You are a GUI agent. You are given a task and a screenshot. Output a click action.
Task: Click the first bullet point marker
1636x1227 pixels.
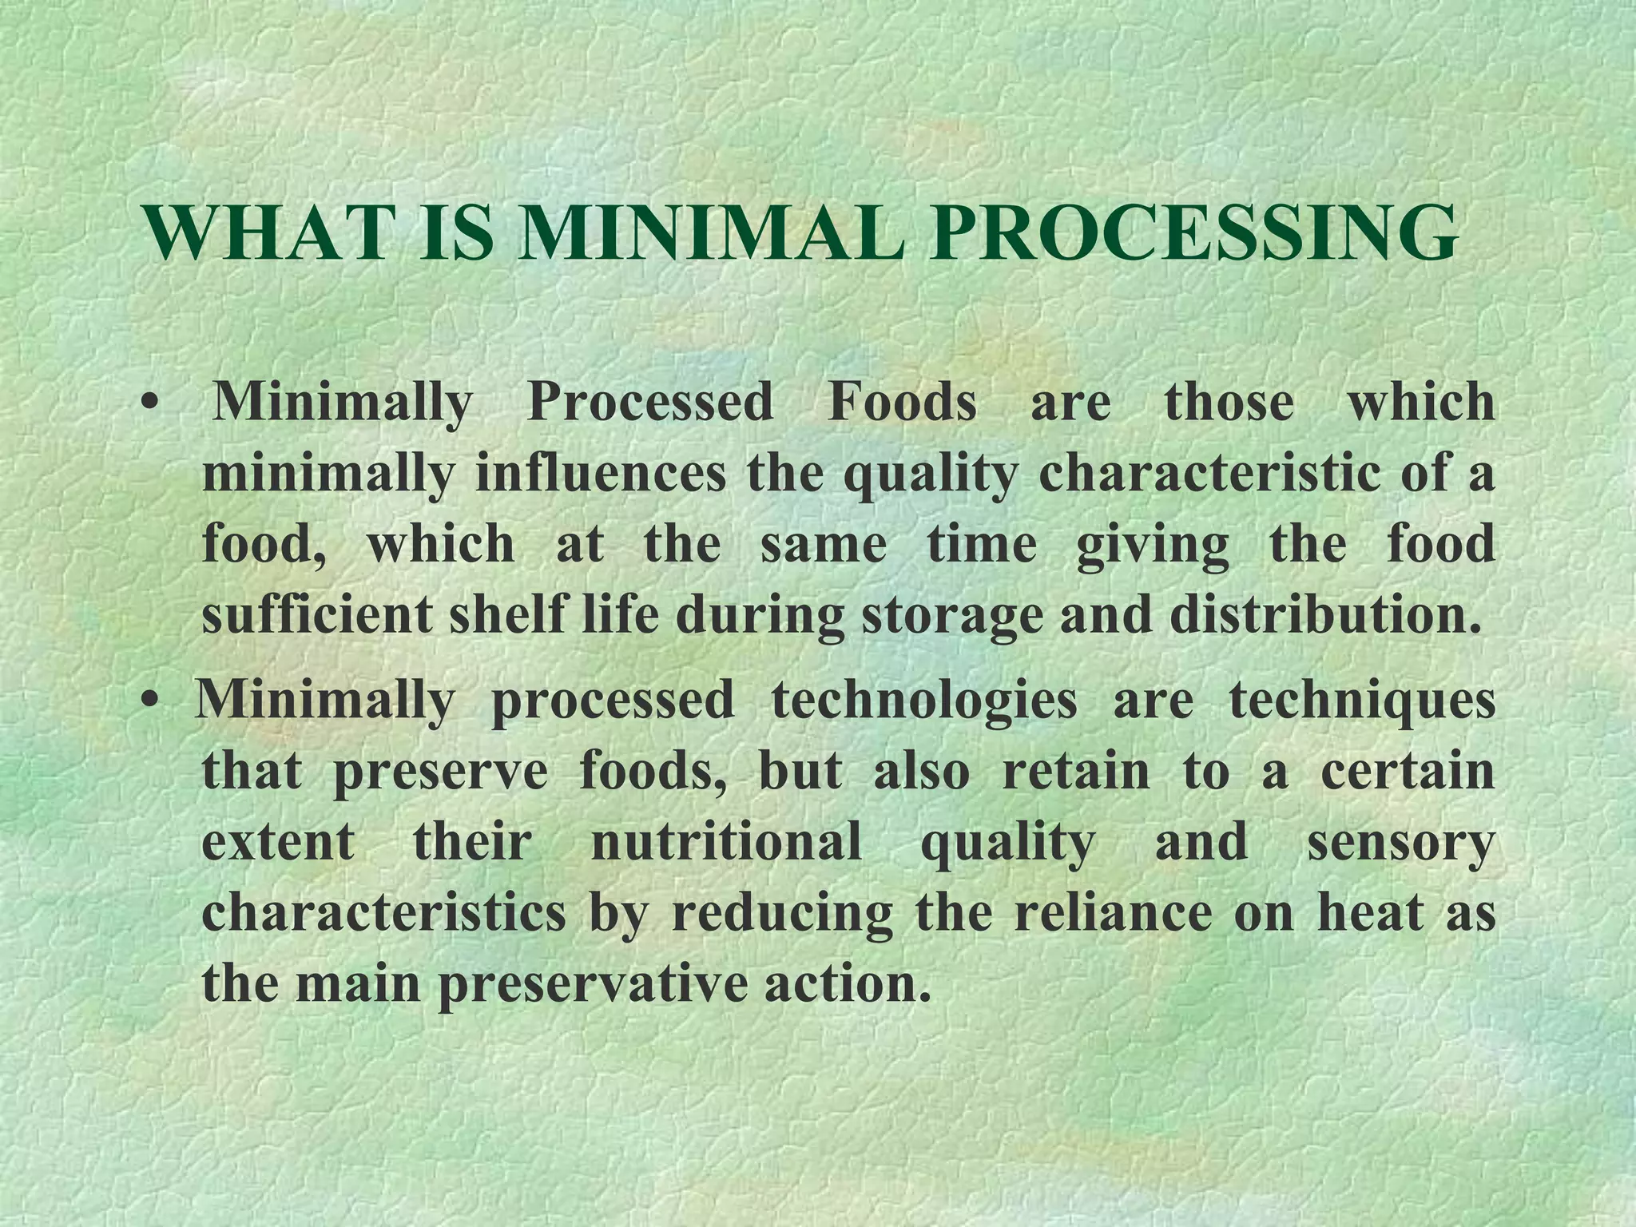click(x=147, y=403)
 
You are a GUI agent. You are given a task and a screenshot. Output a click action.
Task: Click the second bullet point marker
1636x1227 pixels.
click(x=147, y=701)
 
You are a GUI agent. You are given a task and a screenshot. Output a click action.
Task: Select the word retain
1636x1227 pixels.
click(x=1075, y=772)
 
